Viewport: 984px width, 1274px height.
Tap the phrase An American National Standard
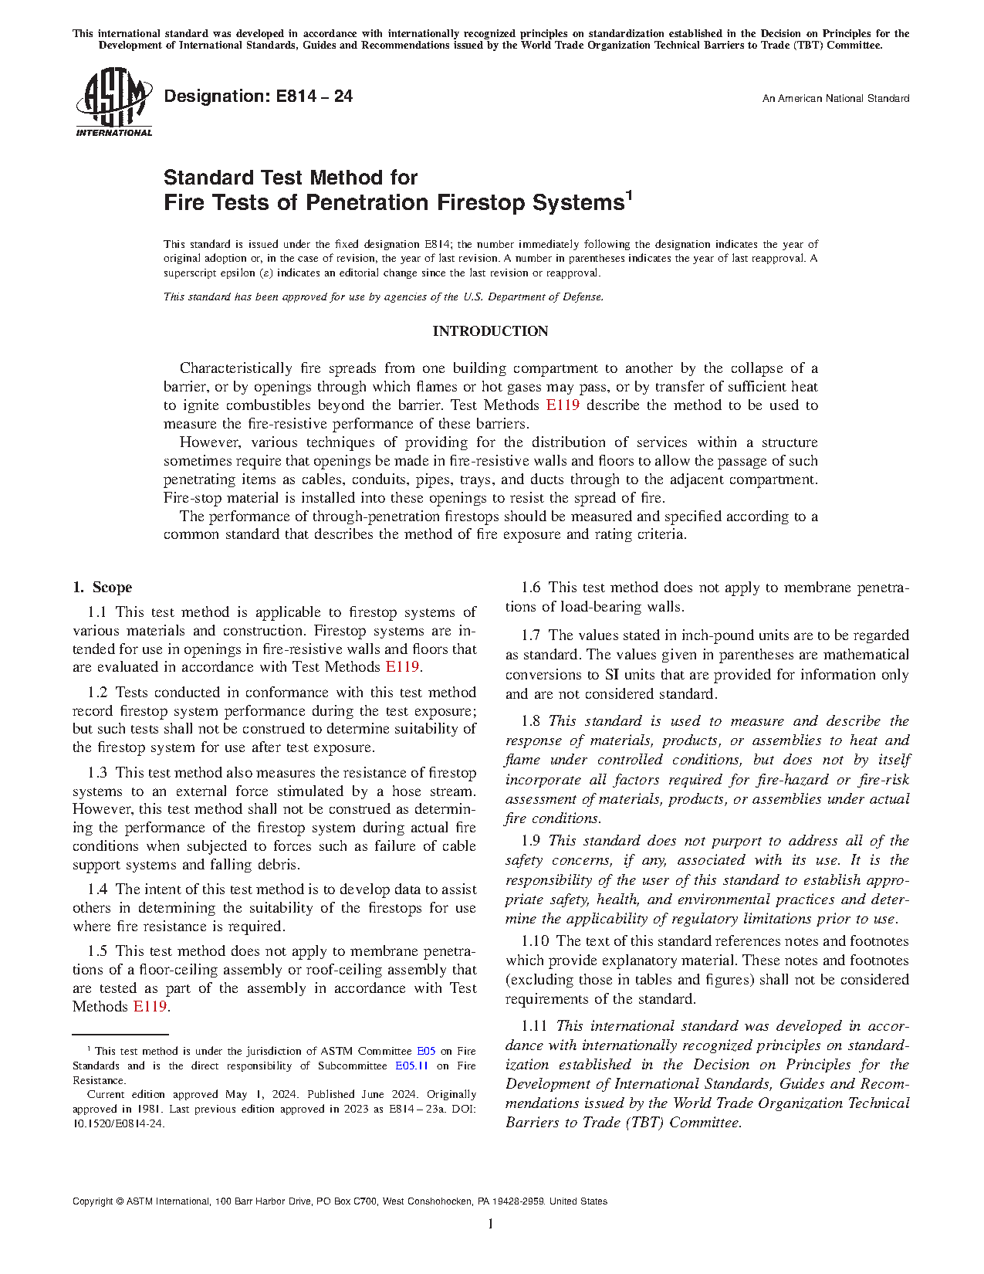coord(835,99)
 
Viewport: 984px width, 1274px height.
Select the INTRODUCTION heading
coord(490,331)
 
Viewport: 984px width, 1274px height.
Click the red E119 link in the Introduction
coord(563,405)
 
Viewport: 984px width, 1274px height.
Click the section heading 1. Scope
coord(103,588)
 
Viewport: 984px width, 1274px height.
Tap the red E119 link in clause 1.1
coord(402,667)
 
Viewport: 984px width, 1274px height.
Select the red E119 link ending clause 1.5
coord(150,1007)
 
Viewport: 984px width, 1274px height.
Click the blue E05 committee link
coord(426,1052)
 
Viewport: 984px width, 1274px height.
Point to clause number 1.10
coord(535,941)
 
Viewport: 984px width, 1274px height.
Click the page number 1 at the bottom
coord(490,1224)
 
